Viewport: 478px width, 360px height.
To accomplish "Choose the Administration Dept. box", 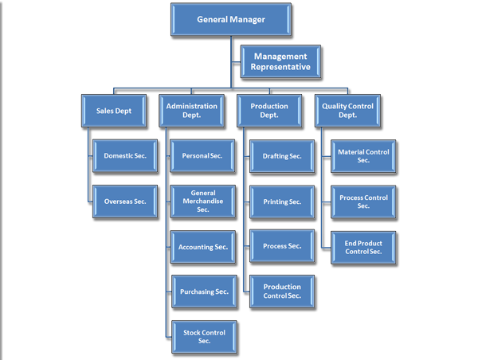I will click(191, 111).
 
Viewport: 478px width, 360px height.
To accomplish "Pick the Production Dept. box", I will click(270, 111).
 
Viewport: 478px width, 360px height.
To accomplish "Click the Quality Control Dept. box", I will click(349, 111).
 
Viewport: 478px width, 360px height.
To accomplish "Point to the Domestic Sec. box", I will click(125, 155).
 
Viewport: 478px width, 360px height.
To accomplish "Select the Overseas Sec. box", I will click(125, 201).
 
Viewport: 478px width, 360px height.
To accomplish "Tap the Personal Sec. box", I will click(202, 155).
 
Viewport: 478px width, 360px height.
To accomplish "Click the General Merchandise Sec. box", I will click(202, 201).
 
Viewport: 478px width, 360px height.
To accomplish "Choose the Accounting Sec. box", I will click(202, 247).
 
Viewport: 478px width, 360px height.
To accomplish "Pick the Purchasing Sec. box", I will click(202, 292).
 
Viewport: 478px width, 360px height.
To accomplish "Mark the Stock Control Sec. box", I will click(202, 336).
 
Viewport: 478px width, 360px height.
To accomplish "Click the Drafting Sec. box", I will click(282, 155).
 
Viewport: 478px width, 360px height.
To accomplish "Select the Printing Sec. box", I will click(282, 201).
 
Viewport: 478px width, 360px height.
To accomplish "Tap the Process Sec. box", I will click(282, 246).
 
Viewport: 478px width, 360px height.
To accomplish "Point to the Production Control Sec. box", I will click(282, 291).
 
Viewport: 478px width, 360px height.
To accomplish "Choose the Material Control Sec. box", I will click(363, 155).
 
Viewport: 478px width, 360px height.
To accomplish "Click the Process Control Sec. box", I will click(363, 201).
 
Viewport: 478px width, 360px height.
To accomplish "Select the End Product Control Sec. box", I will click(363, 246).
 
